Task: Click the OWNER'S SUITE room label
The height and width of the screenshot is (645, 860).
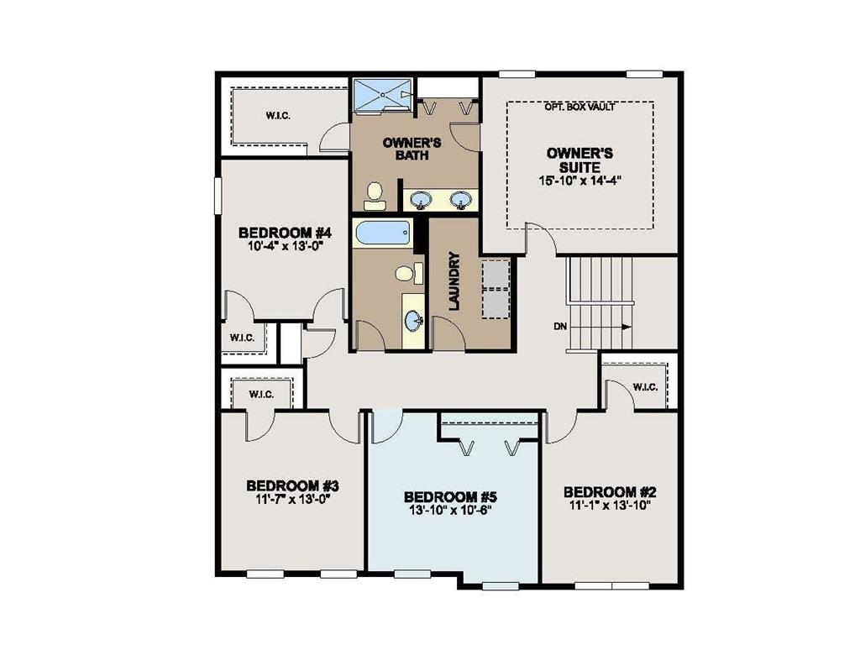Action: pos(579,160)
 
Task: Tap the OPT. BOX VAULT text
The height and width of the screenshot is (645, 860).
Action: pos(579,107)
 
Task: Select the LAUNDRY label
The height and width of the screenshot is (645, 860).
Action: pos(454,281)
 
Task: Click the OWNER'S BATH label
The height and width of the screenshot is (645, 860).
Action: pos(406,149)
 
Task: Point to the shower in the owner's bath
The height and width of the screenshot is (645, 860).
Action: pos(381,94)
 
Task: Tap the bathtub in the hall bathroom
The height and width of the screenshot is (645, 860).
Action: pos(382,233)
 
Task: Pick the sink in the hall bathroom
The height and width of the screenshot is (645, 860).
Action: pos(412,320)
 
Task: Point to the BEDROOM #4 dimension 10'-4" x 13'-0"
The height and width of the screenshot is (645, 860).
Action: pos(286,247)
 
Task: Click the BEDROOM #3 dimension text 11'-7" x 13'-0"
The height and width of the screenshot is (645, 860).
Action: pos(292,499)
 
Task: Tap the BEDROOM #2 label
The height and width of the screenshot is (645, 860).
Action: pos(609,491)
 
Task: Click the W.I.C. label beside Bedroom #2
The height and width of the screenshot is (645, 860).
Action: pos(644,387)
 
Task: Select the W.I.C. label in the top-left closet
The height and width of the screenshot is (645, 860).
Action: pos(278,115)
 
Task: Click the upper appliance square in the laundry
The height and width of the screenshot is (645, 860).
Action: pos(496,275)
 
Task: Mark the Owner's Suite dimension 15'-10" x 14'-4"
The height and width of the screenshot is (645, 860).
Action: pos(579,180)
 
